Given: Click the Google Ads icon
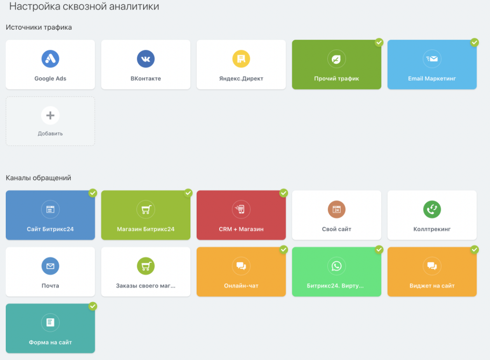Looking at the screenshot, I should pyautogui.click(x=50, y=59).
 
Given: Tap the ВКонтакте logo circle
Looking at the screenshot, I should pyautogui.click(x=145, y=59).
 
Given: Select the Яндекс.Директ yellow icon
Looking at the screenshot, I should pyautogui.click(x=241, y=59).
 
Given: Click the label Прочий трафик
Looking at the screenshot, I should pyautogui.click(x=336, y=79).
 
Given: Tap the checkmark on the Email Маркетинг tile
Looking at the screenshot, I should pyautogui.click(x=474, y=43).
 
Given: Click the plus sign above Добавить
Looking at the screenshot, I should pyautogui.click(x=50, y=115).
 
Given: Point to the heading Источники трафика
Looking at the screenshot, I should pyautogui.click(x=39, y=27).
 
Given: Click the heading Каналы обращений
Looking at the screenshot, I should pyautogui.click(x=38, y=178).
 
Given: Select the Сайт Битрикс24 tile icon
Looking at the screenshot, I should pyautogui.click(x=50, y=209).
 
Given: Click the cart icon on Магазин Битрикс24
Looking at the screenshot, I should pyautogui.click(x=145, y=209).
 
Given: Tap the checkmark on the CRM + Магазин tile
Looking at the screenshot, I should pyautogui.click(x=283, y=193).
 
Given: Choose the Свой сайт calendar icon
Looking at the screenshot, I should pyautogui.click(x=336, y=209).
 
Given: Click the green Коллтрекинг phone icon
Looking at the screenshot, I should pyautogui.click(x=432, y=209).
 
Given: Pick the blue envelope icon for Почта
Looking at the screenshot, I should pyautogui.click(x=50, y=266).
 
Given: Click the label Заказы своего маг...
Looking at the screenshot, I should pyautogui.click(x=145, y=286).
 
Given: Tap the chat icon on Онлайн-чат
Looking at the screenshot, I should pyautogui.click(x=241, y=266).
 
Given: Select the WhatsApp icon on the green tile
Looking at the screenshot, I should pyautogui.click(x=336, y=266).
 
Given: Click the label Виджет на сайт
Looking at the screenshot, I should pyautogui.click(x=432, y=286).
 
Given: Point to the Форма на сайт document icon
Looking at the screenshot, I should pyautogui.click(x=50, y=322).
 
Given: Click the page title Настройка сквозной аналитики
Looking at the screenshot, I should pyautogui.click(x=84, y=7).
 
